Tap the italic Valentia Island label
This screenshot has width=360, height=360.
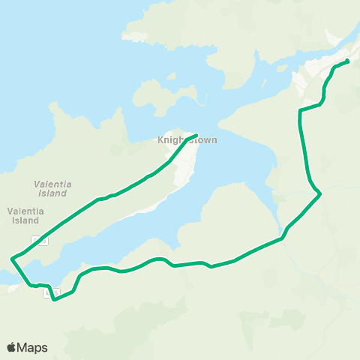tap(51, 188)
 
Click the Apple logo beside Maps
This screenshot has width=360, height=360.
tap(12, 347)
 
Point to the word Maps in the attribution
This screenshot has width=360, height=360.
tap(33, 347)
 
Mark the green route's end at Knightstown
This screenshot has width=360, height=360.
tap(196, 136)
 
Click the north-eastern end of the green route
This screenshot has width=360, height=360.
tap(348, 61)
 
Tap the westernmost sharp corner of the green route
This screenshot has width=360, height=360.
tap(12, 259)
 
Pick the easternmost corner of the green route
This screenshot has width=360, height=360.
tap(320, 194)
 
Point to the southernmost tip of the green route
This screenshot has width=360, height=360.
tap(55, 300)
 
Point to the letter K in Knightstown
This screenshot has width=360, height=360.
tap(160, 140)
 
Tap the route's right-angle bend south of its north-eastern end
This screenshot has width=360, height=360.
tap(300, 111)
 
